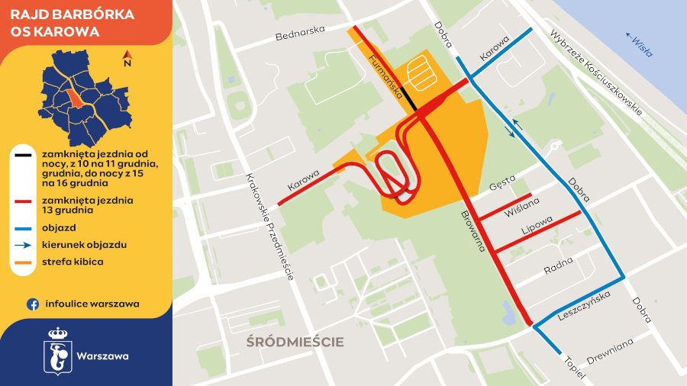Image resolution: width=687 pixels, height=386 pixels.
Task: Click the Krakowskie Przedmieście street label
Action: [269, 227]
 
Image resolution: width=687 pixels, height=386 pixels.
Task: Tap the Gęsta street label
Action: [504, 183]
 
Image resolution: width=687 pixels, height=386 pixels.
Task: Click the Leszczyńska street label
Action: [584, 305]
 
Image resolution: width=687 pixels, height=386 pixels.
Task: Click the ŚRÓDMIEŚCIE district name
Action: [295, 341]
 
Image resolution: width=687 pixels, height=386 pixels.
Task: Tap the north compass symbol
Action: [128, 59]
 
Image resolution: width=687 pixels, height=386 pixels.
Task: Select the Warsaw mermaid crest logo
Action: [58, 352]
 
